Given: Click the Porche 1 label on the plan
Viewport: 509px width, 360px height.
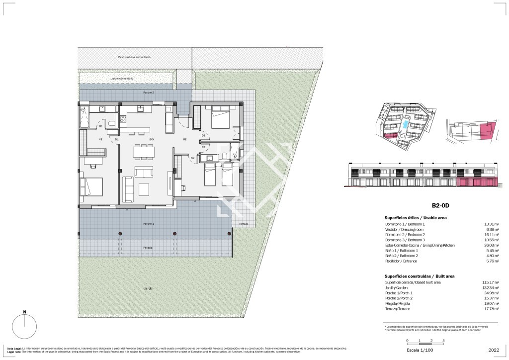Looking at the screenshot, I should click(x=149, y=224).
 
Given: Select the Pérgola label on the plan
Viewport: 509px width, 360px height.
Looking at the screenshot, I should click(x=148, y=248).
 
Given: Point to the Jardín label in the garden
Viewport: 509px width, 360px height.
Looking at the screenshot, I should click(x=149, y=288).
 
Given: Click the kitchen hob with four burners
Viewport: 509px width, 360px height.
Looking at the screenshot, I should click(x=123, y=119).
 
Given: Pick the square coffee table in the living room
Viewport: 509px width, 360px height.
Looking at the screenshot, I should click(x=144, y=189).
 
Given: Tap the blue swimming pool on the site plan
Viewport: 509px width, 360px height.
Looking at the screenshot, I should click(x=407, y=123).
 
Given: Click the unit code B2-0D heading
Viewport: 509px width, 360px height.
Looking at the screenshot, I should click(x=441, y=205).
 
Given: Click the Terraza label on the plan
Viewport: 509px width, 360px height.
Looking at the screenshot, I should click(x=243, y=224).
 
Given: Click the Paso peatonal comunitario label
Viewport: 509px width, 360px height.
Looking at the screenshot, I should click(x=134, y=57).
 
